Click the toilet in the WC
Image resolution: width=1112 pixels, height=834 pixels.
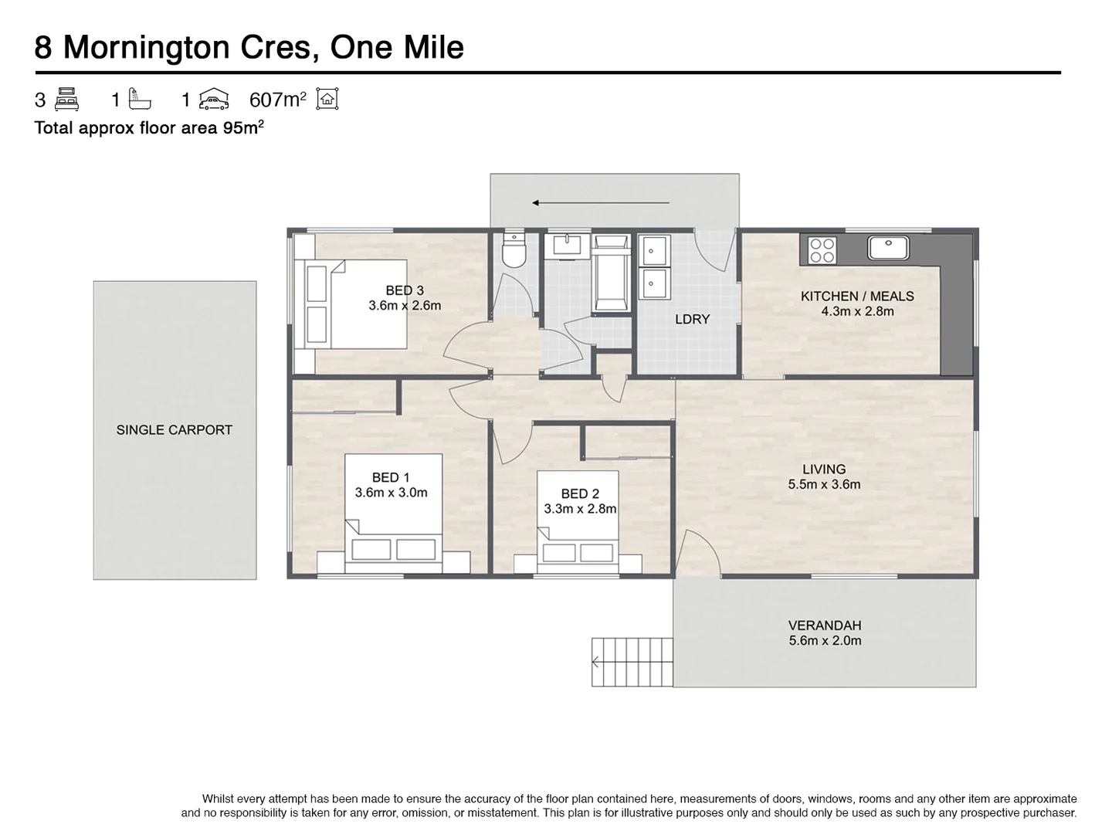515,250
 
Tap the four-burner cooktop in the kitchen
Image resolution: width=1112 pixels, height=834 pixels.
822,250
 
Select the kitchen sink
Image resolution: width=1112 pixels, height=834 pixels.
888,248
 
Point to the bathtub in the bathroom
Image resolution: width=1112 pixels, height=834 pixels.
612,273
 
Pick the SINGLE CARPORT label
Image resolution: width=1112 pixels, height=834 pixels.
175,430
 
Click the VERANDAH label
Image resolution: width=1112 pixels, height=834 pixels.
825,625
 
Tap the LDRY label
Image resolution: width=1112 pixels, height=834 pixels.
692,319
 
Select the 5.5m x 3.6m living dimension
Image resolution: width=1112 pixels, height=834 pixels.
824,484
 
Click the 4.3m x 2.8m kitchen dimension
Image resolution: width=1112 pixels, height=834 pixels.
857,311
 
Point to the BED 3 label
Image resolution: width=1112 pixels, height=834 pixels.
405,290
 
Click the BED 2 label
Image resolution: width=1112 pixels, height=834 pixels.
580,493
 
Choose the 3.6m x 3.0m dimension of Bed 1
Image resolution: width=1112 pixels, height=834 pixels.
391,492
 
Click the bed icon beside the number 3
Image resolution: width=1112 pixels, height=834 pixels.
66,100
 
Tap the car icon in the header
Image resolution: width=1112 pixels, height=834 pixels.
214,100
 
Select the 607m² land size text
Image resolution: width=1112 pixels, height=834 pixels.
278,100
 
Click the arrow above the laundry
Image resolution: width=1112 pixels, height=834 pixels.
600,203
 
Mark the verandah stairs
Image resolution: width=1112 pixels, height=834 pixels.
632,663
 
